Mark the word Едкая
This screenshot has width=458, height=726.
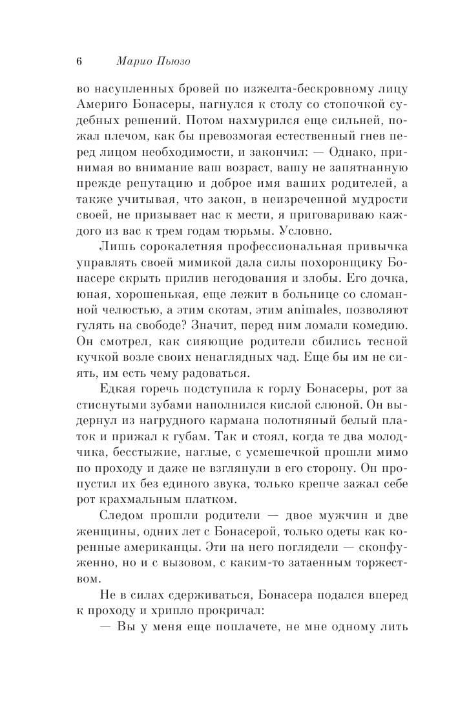[121, 391]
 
